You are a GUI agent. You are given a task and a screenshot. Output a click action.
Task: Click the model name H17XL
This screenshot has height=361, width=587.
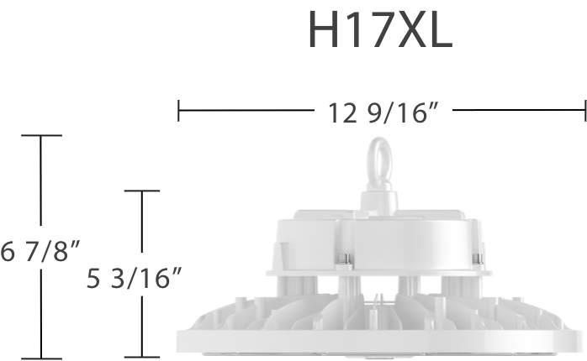click(379, 31)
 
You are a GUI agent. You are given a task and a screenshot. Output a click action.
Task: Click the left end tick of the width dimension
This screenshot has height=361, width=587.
click(178, 110)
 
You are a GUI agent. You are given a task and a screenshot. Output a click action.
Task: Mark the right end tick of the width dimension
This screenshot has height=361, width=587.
click(584, 110)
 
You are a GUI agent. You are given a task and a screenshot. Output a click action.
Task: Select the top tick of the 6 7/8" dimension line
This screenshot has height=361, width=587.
click(40, 135)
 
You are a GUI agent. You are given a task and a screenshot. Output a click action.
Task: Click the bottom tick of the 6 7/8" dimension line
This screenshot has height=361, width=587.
click(40, 358)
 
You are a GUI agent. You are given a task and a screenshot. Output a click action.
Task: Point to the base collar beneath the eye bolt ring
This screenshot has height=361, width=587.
click(381, 200)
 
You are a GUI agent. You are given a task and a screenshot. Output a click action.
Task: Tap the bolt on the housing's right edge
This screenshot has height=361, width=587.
click(479, 259)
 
